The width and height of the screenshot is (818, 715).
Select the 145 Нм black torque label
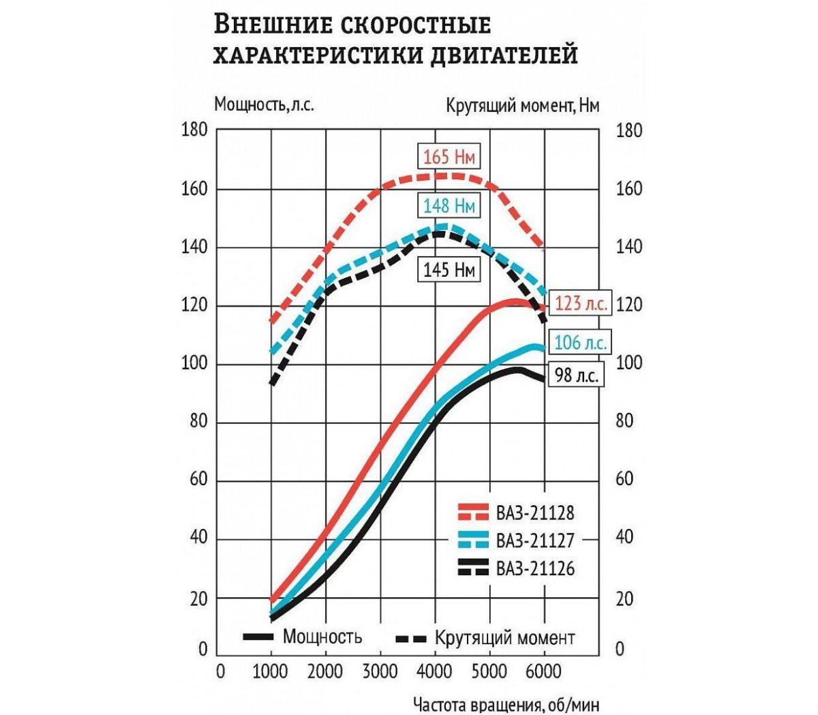(448, 270)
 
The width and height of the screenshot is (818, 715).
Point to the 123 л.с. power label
(580, 303)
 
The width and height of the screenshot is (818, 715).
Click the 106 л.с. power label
(580, 342)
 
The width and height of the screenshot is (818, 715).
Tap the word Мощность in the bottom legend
(322, 637)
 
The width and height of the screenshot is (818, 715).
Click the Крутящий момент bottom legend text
(504, 638)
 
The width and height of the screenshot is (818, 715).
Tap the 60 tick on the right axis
(624, 479)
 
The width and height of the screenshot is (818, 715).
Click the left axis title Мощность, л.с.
(264, 105)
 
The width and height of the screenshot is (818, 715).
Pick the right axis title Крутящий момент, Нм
(523, 106)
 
